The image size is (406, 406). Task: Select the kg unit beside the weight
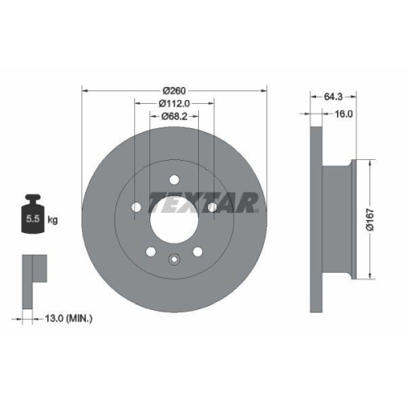(53, 220)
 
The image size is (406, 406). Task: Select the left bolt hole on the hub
(135, 209)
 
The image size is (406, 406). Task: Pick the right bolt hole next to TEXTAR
(211, 209)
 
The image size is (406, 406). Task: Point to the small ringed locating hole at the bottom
(173, 260)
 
